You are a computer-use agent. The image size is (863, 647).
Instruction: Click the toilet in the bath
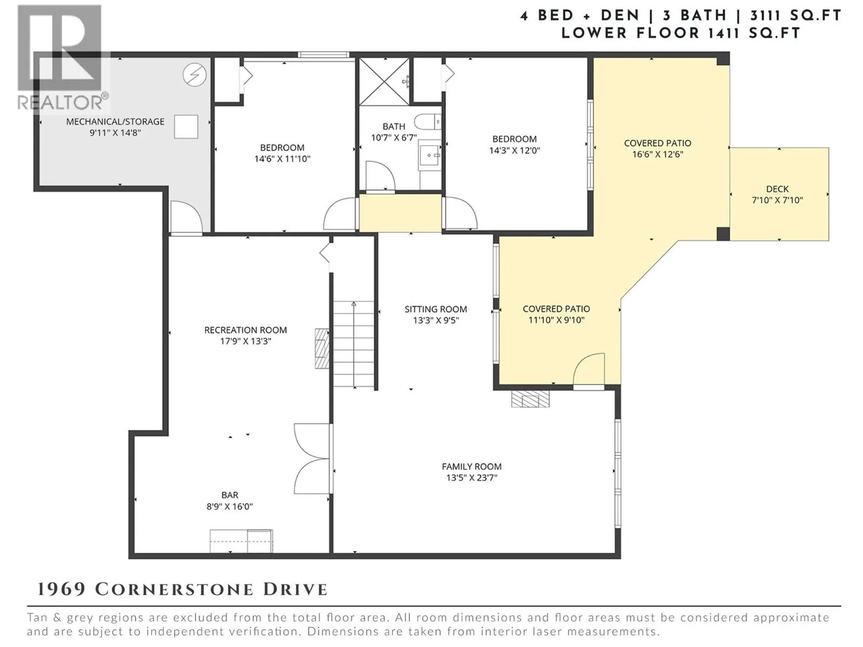tap(428, 122)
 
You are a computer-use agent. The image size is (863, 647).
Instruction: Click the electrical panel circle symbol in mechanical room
tap(195, 75)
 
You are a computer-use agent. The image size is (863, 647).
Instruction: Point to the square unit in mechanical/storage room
tap(186, 127)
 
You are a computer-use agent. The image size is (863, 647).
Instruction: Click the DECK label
tap(777, 189)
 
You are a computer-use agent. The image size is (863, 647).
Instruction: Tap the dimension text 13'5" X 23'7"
tap(472, 478)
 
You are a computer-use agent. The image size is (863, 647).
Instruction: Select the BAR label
tap(230, 495)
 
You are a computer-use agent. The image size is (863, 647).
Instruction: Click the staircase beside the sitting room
tap(354, 344)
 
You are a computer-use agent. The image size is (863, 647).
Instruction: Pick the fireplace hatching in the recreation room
tap(322, 348)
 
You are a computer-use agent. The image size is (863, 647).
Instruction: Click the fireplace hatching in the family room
tap(530, 398)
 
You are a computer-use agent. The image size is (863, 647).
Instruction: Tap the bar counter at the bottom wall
tap(241, 541)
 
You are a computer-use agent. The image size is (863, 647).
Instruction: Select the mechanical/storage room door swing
tap(187, 217)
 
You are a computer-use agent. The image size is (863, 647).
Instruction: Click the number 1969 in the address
tap(61, 590)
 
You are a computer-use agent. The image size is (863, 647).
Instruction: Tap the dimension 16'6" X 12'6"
tap(657, 154)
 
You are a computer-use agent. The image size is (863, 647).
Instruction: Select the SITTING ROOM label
tap(436, 309)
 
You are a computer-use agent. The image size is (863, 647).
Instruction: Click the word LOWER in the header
tap(594, 33)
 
